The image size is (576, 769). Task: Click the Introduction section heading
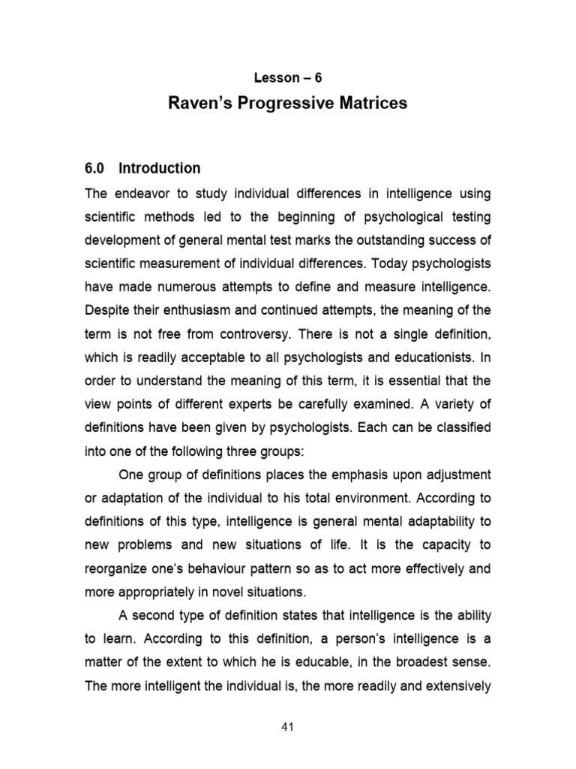pyautogui.click(x=162, y=168)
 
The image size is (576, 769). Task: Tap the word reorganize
pyautogui.click(x=116, y=568)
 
